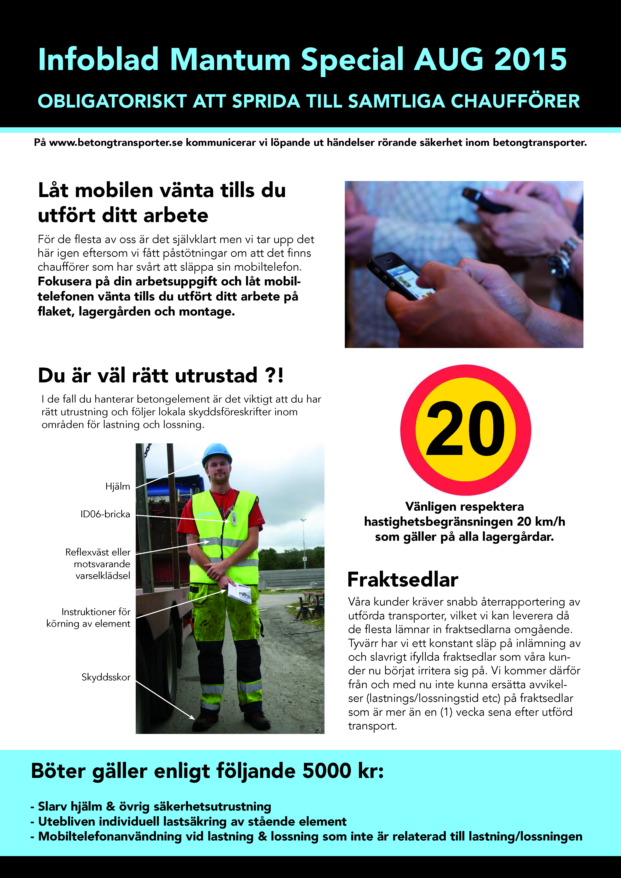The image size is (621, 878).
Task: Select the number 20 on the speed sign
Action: click(465, 429)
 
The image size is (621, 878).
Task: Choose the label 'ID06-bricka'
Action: click(105, 514)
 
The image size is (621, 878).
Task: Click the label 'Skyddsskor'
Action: click(106, 677)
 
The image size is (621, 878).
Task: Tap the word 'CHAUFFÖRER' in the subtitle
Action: click(515, 101)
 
